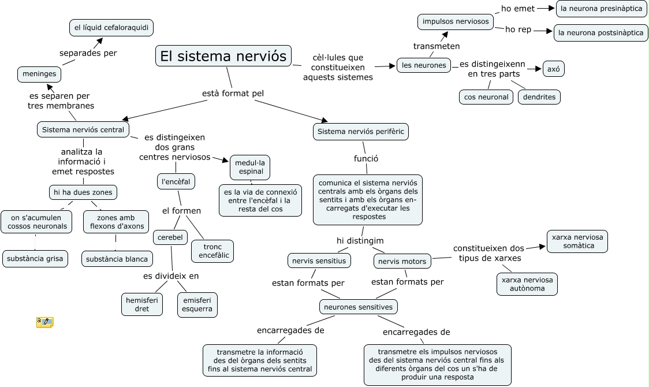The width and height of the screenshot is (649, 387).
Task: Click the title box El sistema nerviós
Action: coord(223,56)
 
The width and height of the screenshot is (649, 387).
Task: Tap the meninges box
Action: coord(39,73)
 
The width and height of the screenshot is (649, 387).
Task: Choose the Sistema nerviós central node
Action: coord(83,129)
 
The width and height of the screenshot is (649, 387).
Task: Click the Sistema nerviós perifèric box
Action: coord(361,132)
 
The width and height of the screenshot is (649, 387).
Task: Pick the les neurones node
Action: coord(424,65)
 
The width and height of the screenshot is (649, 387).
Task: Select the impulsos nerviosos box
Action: coord(456,22)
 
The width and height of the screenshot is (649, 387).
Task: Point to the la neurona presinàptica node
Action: coord(601,8)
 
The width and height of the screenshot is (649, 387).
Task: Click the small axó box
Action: coord(553,69)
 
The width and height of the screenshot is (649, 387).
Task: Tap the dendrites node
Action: coord(539,97)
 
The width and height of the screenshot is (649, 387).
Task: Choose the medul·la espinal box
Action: coord(249,167)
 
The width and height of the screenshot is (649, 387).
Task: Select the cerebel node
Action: coord(170,237)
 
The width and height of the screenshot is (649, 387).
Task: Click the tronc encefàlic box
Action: coord(212,251)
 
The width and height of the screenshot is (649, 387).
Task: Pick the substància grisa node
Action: coord(35,258)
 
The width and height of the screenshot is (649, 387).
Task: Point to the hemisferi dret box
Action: coord(142,304)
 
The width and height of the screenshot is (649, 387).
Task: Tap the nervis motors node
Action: coord(402,261)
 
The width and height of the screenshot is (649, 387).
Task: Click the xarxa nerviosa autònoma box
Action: coord(527,284)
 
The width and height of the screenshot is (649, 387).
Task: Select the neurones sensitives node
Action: coord(359,307)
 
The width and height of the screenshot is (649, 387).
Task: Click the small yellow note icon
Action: coord(44,322)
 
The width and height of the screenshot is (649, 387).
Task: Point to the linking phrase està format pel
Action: coord(233,94)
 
